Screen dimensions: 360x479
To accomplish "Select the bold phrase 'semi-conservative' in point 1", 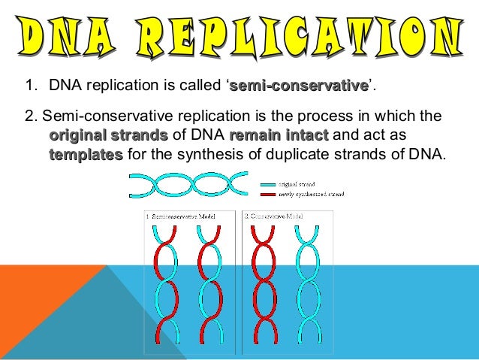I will coord(298,89).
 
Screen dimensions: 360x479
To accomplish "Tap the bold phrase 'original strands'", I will coord(108,136).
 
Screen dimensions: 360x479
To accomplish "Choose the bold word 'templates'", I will coord(86,155).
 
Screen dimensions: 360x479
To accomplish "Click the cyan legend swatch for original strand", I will coord(267,183).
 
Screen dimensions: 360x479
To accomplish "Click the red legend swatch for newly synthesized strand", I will coord(267,193).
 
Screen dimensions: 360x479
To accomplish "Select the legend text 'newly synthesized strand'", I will coord(312,194).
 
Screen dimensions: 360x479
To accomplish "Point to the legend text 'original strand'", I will coord(297,183).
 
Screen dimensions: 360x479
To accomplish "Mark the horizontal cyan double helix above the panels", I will coord(188,185).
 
